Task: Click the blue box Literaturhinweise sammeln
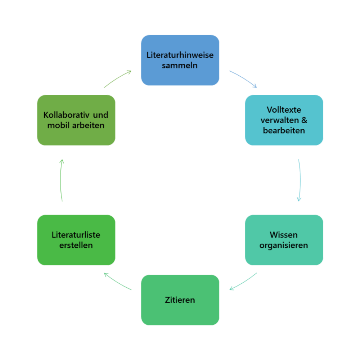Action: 180,60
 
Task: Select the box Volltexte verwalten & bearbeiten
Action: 284,120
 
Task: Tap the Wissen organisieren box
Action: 284,240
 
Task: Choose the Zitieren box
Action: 180,300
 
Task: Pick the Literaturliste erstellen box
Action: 76,240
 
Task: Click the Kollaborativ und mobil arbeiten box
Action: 76,120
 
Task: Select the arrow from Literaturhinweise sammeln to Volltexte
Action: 243,78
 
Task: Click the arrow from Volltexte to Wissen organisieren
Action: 300,180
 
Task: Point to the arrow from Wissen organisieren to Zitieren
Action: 243,282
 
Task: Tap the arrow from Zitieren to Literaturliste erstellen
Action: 117,282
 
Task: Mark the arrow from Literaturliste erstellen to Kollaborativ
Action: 61,180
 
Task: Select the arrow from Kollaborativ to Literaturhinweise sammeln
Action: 117,78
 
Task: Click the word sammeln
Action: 180,66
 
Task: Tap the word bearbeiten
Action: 284,130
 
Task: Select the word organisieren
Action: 284,246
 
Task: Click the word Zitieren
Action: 180,300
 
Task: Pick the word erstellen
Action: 76,246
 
